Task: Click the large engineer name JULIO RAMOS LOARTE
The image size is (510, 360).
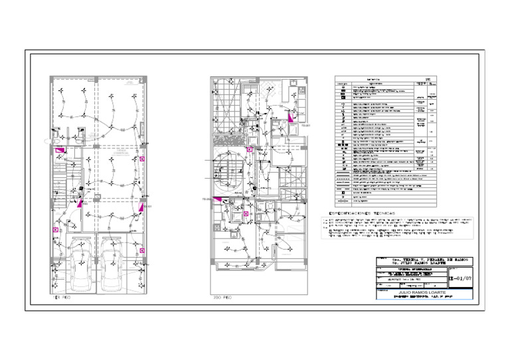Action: coord(422,292)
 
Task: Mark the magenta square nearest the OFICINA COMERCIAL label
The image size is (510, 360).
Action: coord(142,159)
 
